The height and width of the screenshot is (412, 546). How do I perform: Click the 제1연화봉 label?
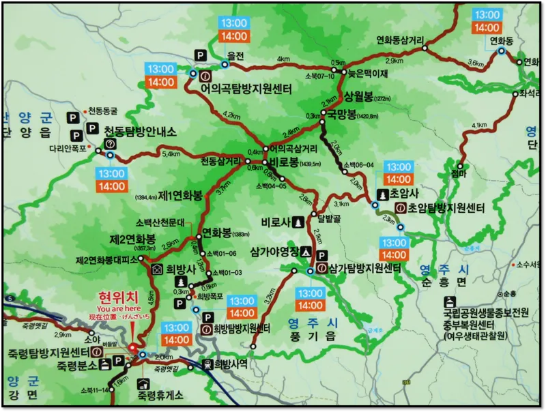(180, 196)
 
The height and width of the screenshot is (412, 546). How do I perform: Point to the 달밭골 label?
(329, 219)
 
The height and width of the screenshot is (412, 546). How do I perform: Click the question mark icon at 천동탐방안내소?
(109, 144)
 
